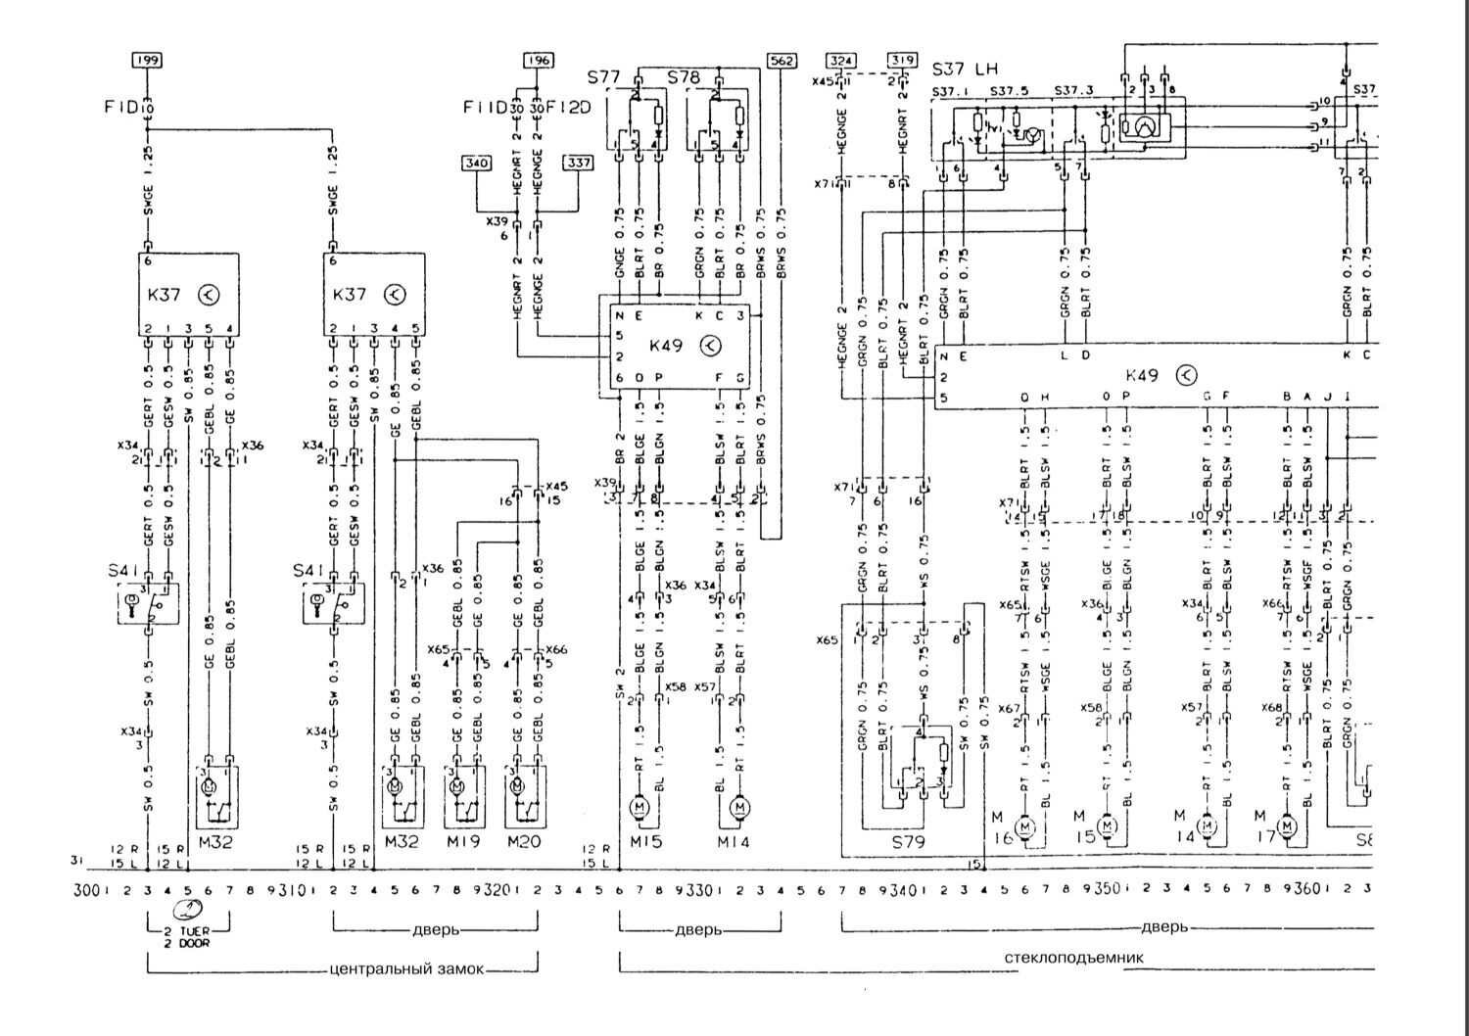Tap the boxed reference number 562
point(781,61)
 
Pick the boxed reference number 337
point(579,163)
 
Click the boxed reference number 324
point(840,61)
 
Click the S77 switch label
point(604,75)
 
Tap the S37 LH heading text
point(965,69)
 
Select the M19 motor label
point(463,840)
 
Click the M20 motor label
point(525,840)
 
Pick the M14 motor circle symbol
point(740,807)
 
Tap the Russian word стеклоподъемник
point(1074,958)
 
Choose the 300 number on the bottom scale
point(89,890)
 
